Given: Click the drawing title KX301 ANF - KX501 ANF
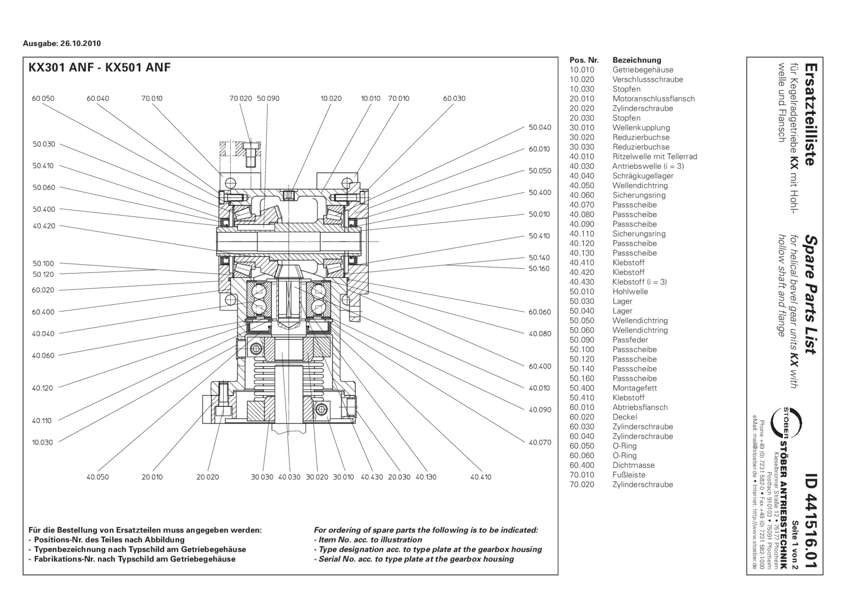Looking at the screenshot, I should tap(100, 68).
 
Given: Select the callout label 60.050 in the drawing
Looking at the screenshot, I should tap(43, 99).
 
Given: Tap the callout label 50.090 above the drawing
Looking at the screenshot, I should tap(268, 99).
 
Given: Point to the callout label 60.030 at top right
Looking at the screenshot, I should tap(454, 99).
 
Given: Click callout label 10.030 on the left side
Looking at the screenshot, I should tap(42, 443).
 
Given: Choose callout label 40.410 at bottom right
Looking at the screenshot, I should tap(480, 477).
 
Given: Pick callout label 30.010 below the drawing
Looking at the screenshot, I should tap(343, 477).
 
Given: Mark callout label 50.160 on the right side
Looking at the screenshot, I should tap(539, 269).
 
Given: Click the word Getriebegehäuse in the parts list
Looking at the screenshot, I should tap(642, 70).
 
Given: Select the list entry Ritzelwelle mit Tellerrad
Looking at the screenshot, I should tap(654, 157).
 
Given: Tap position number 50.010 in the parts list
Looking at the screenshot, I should tap(582, 292).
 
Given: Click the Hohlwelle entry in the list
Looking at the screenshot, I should tap(630, 292).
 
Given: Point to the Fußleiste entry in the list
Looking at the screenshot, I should tap(629, 475).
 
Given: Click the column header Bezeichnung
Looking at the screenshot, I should tap(637, 60).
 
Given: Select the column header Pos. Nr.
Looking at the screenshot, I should tap(584, 60).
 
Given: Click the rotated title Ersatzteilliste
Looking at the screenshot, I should tap(810, 114).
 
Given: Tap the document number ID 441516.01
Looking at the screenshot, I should tap(810, 524).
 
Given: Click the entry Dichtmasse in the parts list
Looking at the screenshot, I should tap(633, 465).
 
